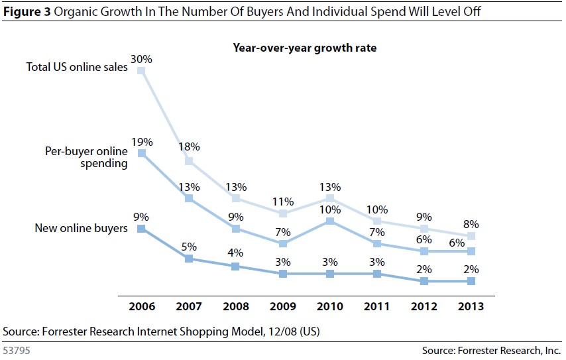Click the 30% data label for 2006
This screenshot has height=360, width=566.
[x=141, y=59]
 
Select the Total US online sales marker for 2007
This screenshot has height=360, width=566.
[x=188, y=161]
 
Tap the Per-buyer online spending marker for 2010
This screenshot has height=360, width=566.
[x=330, y=221]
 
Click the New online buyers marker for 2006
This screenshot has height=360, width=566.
[x=141, y=229]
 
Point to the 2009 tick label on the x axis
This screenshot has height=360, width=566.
[x=283, y=307]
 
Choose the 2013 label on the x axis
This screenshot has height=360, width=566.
[x=471, y=307]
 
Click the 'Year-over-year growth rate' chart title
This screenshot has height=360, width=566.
[x=304, y=48]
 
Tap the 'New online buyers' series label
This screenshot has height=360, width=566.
[x=82, y=229]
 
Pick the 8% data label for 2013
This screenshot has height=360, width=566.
[x=471, y=224]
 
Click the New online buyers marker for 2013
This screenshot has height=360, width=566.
[x=471, y=281]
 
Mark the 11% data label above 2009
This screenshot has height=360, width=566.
[x=283, y=201]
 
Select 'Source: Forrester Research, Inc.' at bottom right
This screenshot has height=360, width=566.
[x=491, y=350]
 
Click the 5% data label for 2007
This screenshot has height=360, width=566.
[x=188, y=247]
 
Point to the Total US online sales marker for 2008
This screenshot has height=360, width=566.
[x=236, y=198]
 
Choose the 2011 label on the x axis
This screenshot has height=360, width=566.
[x=377, y=307]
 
